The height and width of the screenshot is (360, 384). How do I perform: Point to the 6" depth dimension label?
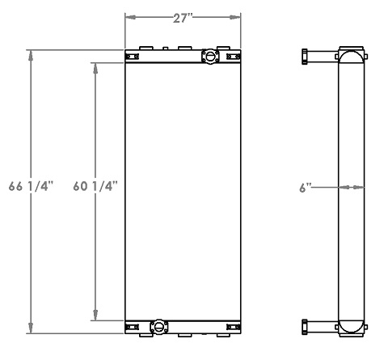coord(305,187)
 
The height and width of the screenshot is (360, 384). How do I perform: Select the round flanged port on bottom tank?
coord(158,327)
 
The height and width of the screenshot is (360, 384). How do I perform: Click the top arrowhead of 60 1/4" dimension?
coord(96,68)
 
